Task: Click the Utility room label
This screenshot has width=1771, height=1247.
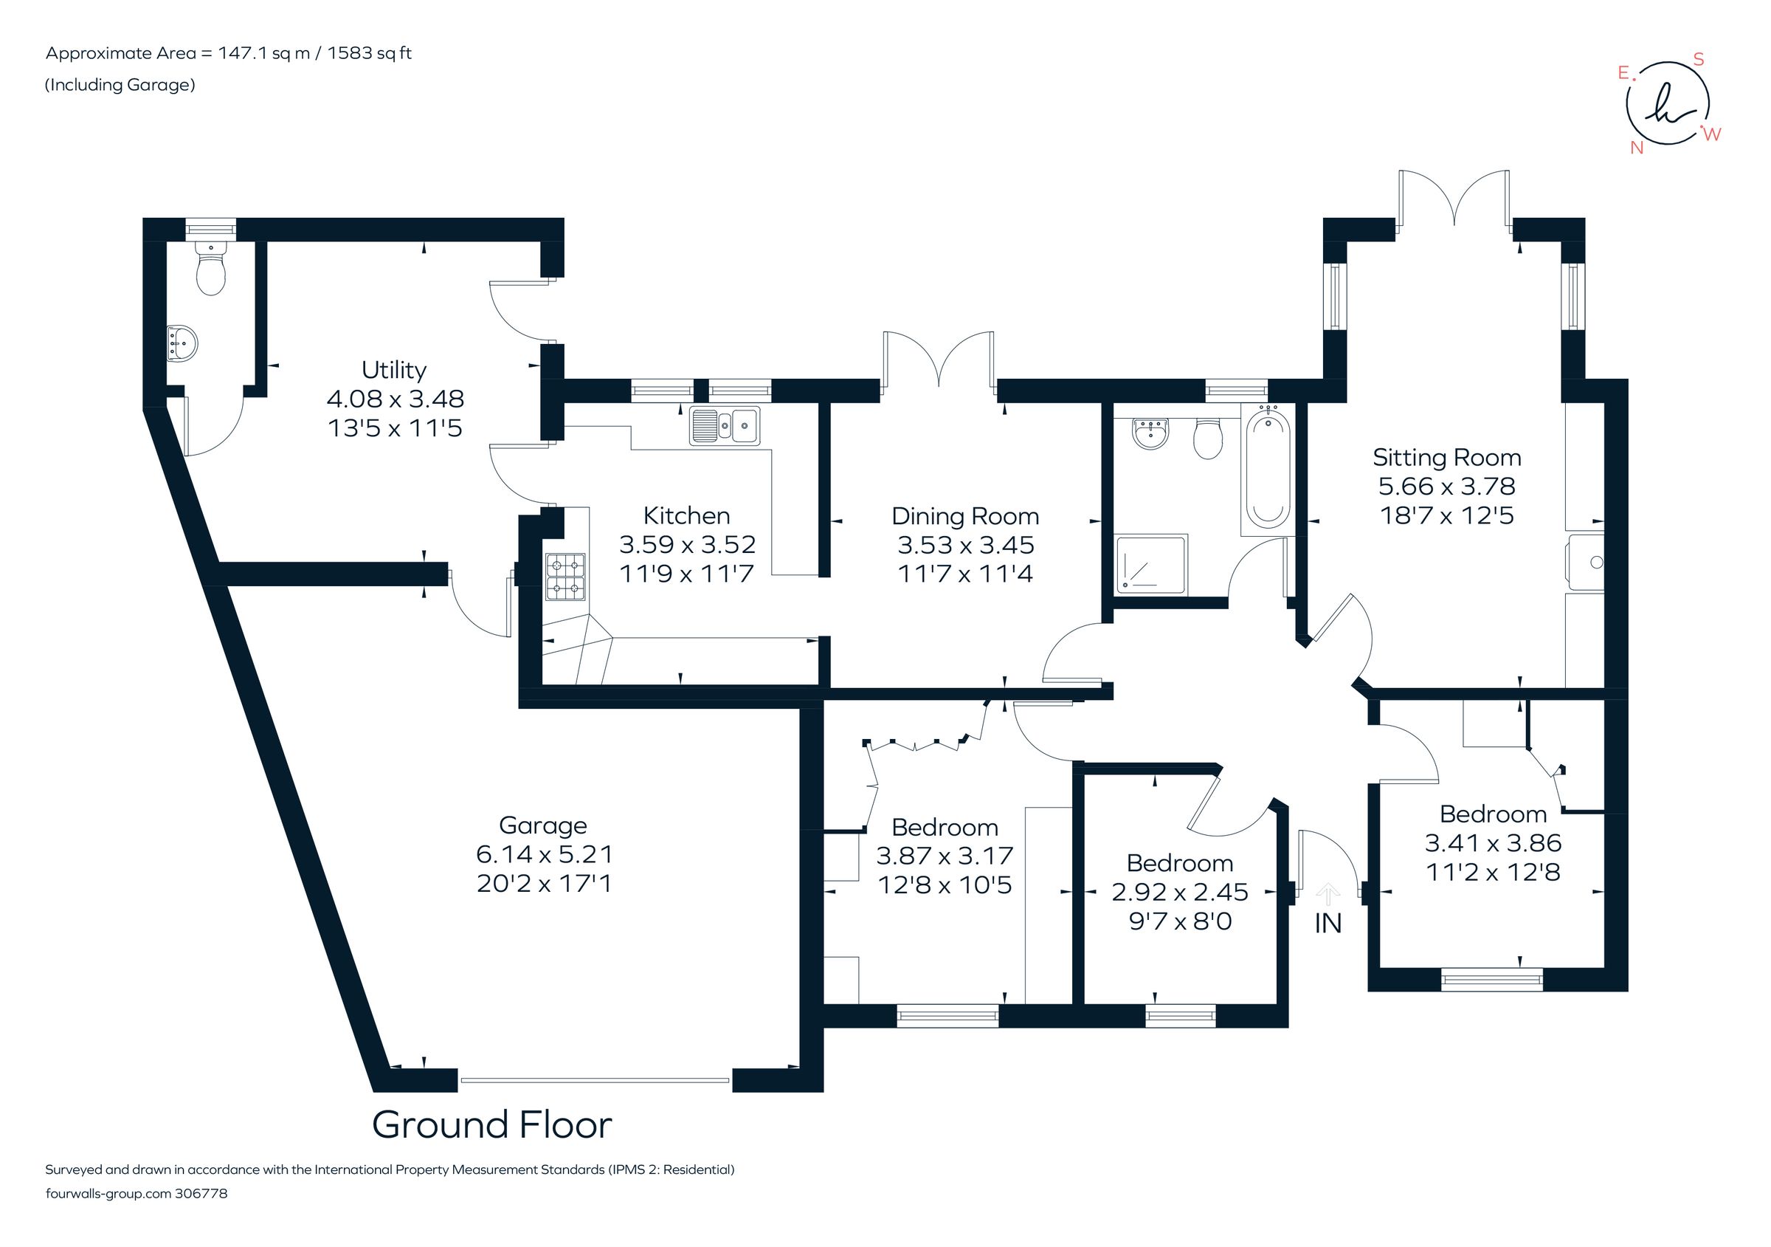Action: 393,371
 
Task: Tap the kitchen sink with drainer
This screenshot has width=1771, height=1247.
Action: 725,426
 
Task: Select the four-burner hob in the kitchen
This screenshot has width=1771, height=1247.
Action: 566,577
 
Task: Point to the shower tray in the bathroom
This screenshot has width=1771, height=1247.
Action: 1151,564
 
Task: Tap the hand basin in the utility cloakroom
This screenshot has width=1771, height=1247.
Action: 182,342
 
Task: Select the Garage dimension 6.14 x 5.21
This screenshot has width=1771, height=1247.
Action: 544,854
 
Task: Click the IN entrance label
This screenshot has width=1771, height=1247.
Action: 1328,924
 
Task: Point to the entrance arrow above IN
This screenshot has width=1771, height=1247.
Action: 1328,893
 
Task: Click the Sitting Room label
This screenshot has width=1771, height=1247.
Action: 1446,458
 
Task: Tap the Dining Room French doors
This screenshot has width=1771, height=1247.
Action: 939,359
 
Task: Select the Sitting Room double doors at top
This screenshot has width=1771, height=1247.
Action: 1454,199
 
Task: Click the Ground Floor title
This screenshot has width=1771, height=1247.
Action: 491,1125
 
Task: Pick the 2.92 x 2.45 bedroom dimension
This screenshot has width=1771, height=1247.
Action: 1179,892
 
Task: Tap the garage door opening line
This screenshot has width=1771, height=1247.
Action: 594,1080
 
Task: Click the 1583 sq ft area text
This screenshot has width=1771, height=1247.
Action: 370,53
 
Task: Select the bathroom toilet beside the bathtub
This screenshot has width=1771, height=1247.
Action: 1207,439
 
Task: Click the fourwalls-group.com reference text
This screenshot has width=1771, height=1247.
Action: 137,1194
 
